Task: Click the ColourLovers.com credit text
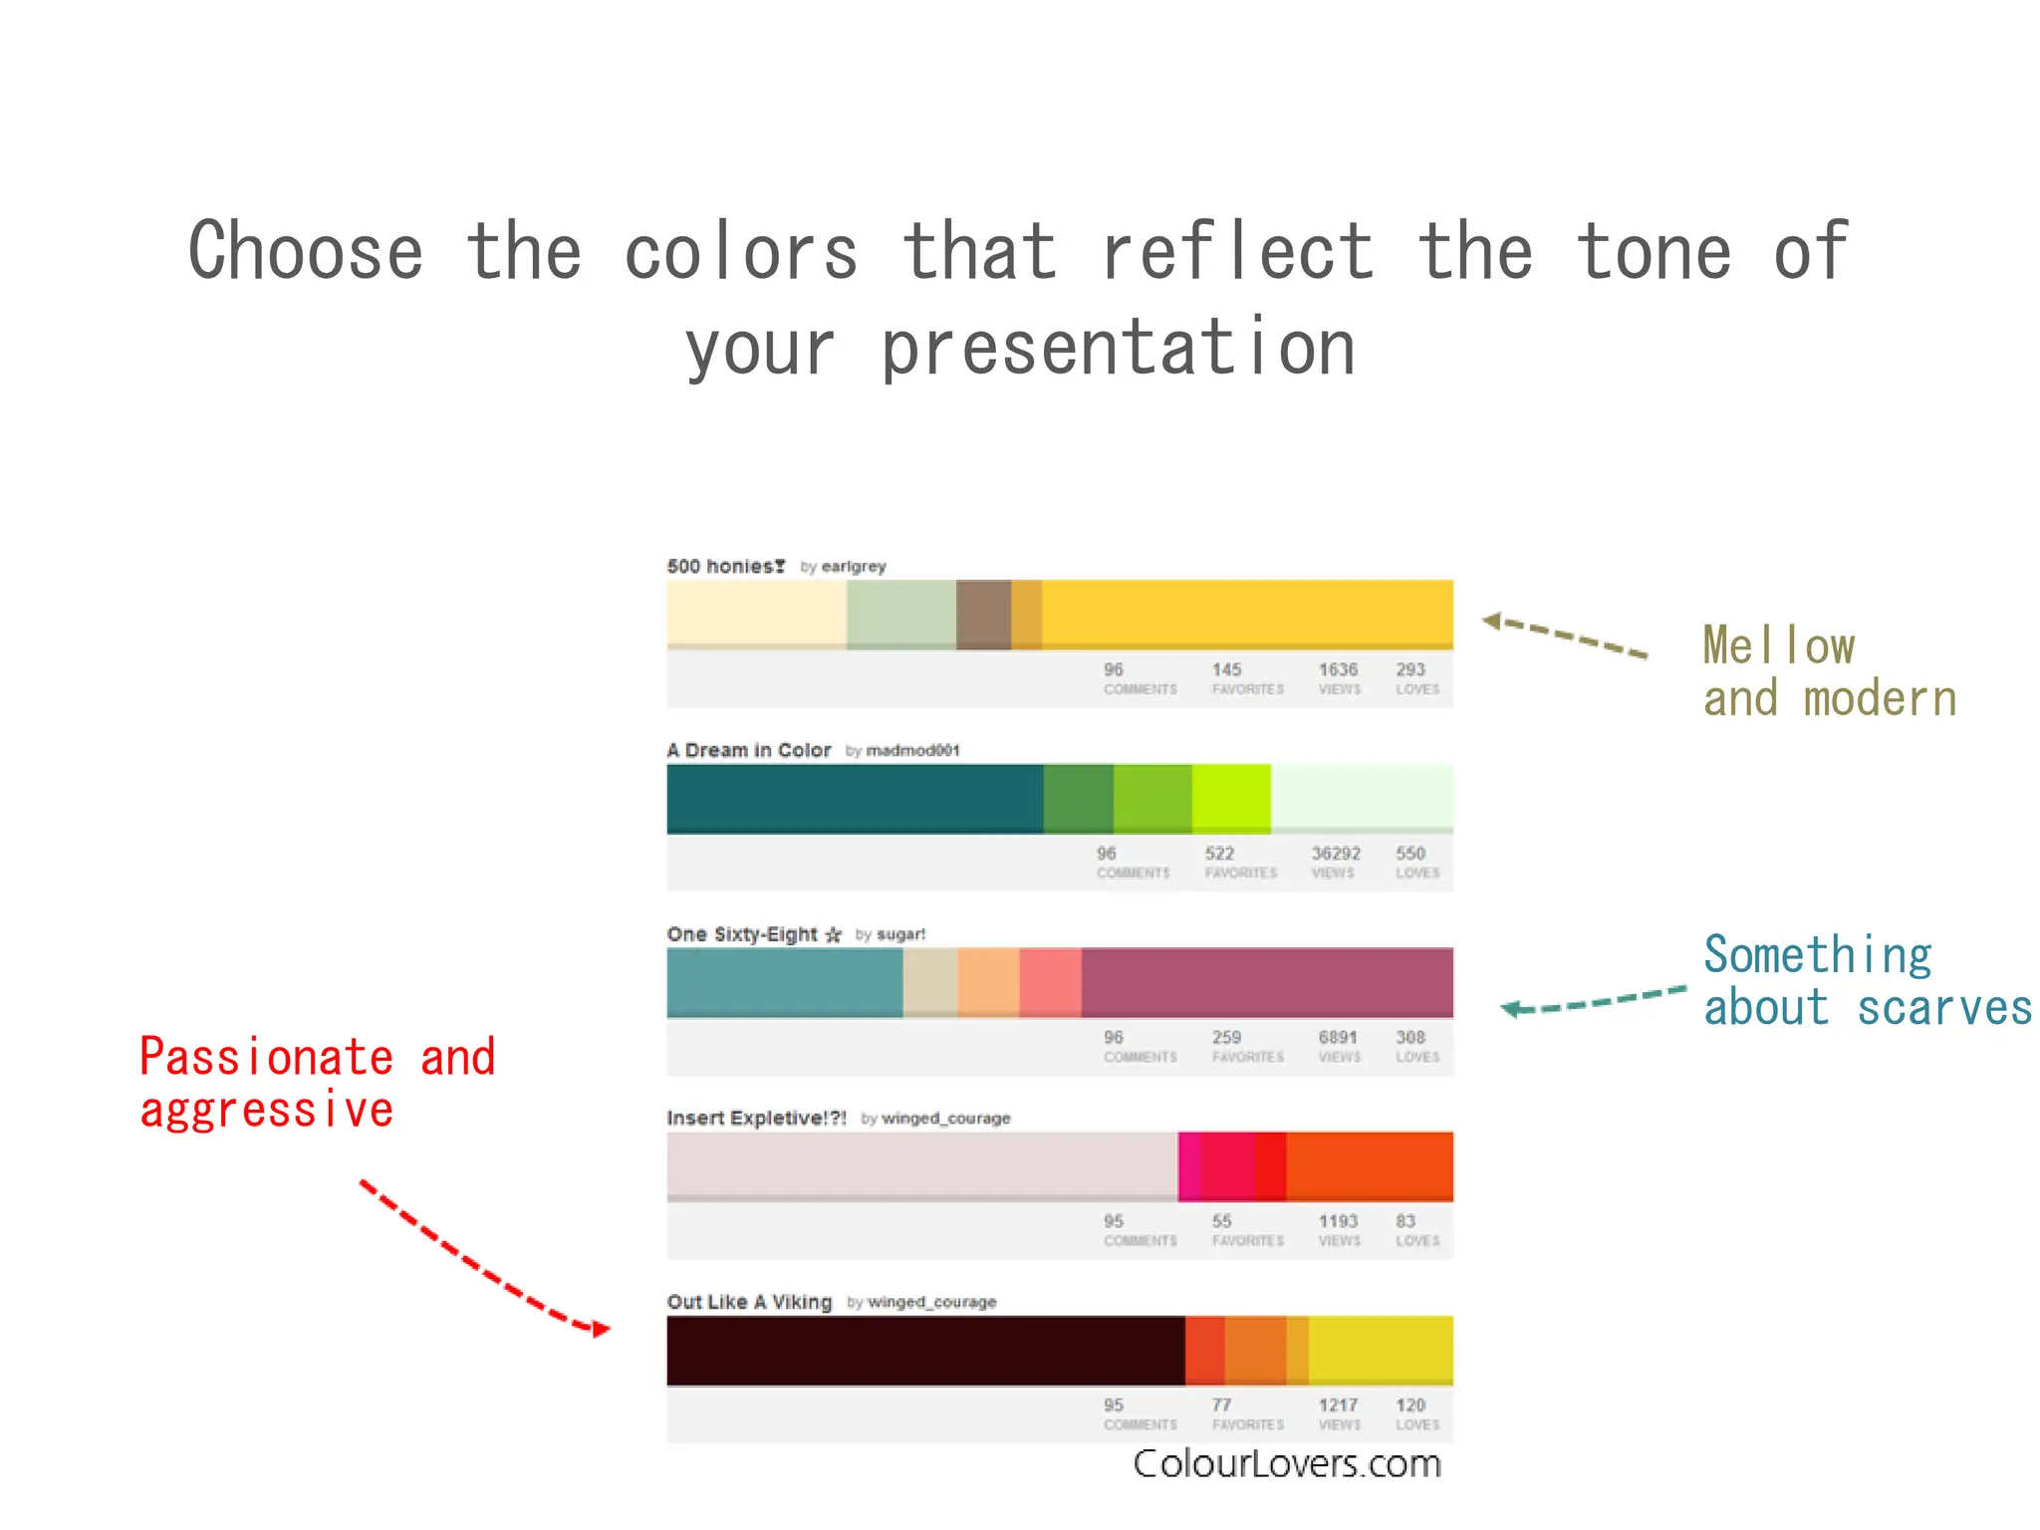[1286, 1463]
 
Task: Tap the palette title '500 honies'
[725, 566]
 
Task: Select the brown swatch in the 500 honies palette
[983, 614]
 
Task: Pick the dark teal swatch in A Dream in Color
[855, 798]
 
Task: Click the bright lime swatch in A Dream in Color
[1231, 798]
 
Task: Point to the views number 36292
[1335, 854]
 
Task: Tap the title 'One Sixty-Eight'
[742, 934]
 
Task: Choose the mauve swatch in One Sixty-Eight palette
[1267, 982]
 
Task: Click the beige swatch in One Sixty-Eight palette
[929, 982]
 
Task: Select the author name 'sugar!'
[900, 934]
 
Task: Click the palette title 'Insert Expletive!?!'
[756, 1118]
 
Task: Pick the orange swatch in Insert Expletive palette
[1370, 1165]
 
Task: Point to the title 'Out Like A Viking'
[749, 1302]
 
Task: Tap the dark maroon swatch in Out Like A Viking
[925, 1350]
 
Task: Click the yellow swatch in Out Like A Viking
[1381, 1350]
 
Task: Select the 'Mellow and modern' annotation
[1829, 671]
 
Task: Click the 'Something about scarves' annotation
[1867, 980]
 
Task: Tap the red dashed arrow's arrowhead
[601, 1329]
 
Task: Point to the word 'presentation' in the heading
[1118, 349]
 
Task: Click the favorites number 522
[1219, 854]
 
